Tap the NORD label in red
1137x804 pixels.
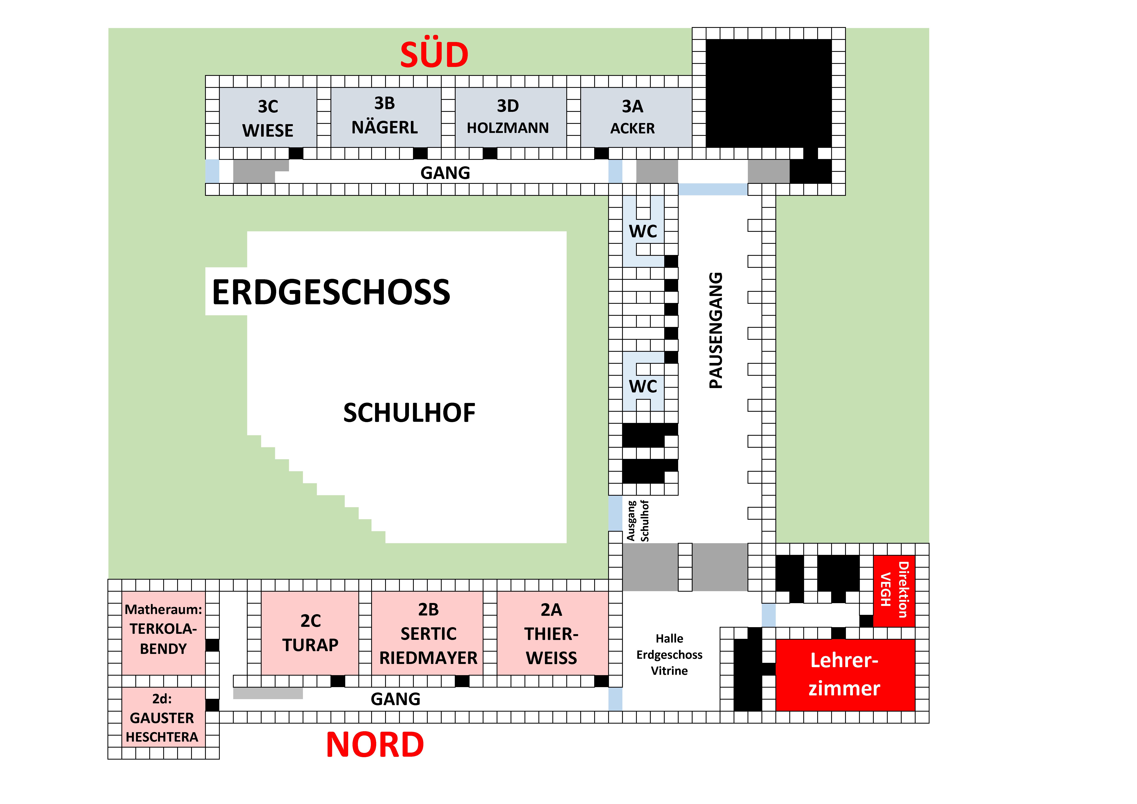click(x=375, y=745)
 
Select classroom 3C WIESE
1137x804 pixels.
click(x=268, y=118)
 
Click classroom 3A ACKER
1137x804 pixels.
click(x=632, y=117)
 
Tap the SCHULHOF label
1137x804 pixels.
click(x=409, y=413)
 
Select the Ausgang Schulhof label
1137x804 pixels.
click(x=638, y=521)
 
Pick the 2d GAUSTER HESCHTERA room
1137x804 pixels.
click(x=162, y=717)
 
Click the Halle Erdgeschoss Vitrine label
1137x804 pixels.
click(x=669, y=654)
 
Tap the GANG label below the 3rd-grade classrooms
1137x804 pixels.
click(x=445, y=173)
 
